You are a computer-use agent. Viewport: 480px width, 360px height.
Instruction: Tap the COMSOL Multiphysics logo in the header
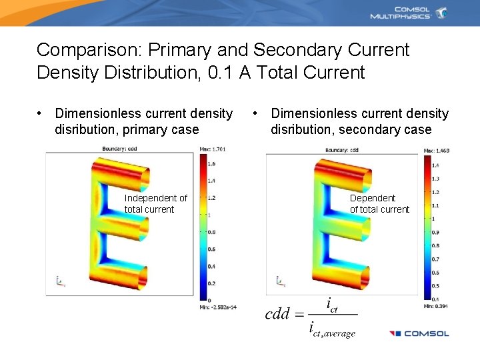409,13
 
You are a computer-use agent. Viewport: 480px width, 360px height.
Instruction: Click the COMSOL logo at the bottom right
419,333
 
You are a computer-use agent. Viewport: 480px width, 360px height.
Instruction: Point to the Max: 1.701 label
213,149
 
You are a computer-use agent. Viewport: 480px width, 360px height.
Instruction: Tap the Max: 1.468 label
437,151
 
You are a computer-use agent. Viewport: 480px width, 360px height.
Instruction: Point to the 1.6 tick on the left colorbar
211,163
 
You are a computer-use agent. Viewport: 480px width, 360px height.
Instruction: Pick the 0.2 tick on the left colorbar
211,283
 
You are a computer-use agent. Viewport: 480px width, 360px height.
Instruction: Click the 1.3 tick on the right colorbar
436,179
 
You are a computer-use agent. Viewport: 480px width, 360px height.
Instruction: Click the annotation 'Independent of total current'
155,203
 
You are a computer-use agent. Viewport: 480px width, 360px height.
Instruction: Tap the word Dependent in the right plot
373,198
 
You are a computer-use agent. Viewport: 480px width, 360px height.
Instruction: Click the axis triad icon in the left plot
60,282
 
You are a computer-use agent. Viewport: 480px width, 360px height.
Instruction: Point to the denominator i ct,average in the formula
332,330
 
